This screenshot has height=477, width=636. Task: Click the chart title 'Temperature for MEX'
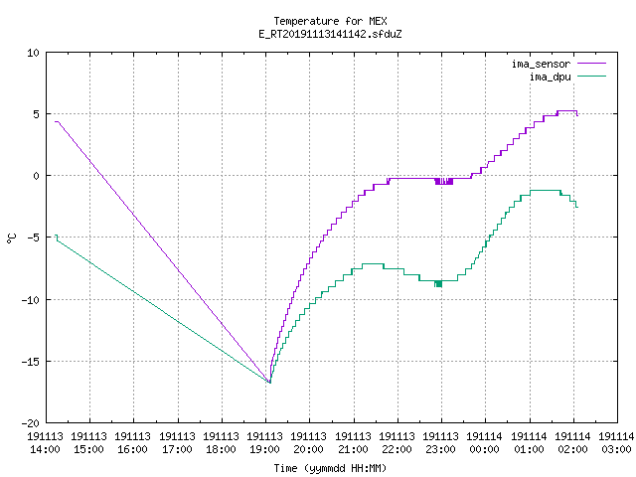(x=330, y=21)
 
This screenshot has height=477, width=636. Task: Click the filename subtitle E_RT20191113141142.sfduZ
(x=330, y=34)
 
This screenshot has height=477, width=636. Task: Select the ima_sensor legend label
(x=541, y=64)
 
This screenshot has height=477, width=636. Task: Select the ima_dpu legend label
(x=550, y=77)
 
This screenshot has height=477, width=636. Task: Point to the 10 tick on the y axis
(x=33, y=53)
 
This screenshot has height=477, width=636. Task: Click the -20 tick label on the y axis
(x=31, y=423)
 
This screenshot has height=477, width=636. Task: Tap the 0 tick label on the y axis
(x=36, y=176)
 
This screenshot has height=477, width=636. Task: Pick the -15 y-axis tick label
(x=31, y=362)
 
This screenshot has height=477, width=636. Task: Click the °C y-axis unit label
(x=12, y=238)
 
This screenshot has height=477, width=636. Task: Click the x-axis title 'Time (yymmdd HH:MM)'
(x=330, y=468)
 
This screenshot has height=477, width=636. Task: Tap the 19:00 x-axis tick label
(x=265, y=449)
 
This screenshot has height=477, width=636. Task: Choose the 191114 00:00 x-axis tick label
(x=484, y=443)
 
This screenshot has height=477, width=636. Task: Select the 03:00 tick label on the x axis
(x=616, y=449)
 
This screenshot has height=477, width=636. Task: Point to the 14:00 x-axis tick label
(x=45, y=449)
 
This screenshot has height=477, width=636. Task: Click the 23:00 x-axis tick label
(x=440, y=449)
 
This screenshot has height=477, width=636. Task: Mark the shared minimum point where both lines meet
(x=269, y=382)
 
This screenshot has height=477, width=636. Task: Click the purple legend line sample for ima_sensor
(x=591, y=64)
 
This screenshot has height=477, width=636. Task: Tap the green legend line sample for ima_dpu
(x=591, y=77)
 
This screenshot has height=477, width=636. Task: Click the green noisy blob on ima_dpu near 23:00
(x=438, y=283)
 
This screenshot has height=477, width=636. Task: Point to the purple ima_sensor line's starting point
(x=56, y=121)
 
